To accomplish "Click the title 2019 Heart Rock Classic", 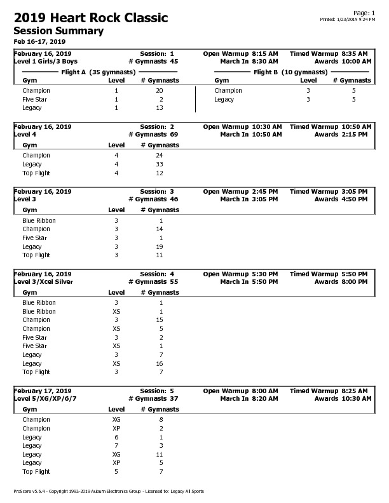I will pyautogui.click(x=91, y=18).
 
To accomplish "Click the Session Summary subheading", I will pyautogui.click(x=58, y=31).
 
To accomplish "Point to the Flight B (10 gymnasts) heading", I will pyautogui.click(x=290, y=72).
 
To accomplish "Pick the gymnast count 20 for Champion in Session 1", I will pyautogui.click(x=160, y=91).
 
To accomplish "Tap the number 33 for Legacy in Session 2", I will pyautogui.click(x=160, y=164).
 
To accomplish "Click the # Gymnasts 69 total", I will pyautogui.click(x=153, y=135).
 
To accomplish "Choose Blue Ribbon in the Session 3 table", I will pyautogui.click(x=39, y=220).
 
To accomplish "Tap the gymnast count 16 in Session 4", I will pyautogui.click(x=160, y=364).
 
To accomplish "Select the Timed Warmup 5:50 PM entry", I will pyautogui.click(x=329, y=274).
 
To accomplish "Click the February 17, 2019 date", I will pyautogui.click(x=43, y=391).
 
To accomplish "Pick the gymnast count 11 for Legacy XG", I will pyautogui.click(x=160, y=455).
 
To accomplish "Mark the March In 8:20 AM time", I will pyautogui.click(x=249, y=399).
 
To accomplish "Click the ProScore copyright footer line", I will pyautogui.click(x=109, y=492).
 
